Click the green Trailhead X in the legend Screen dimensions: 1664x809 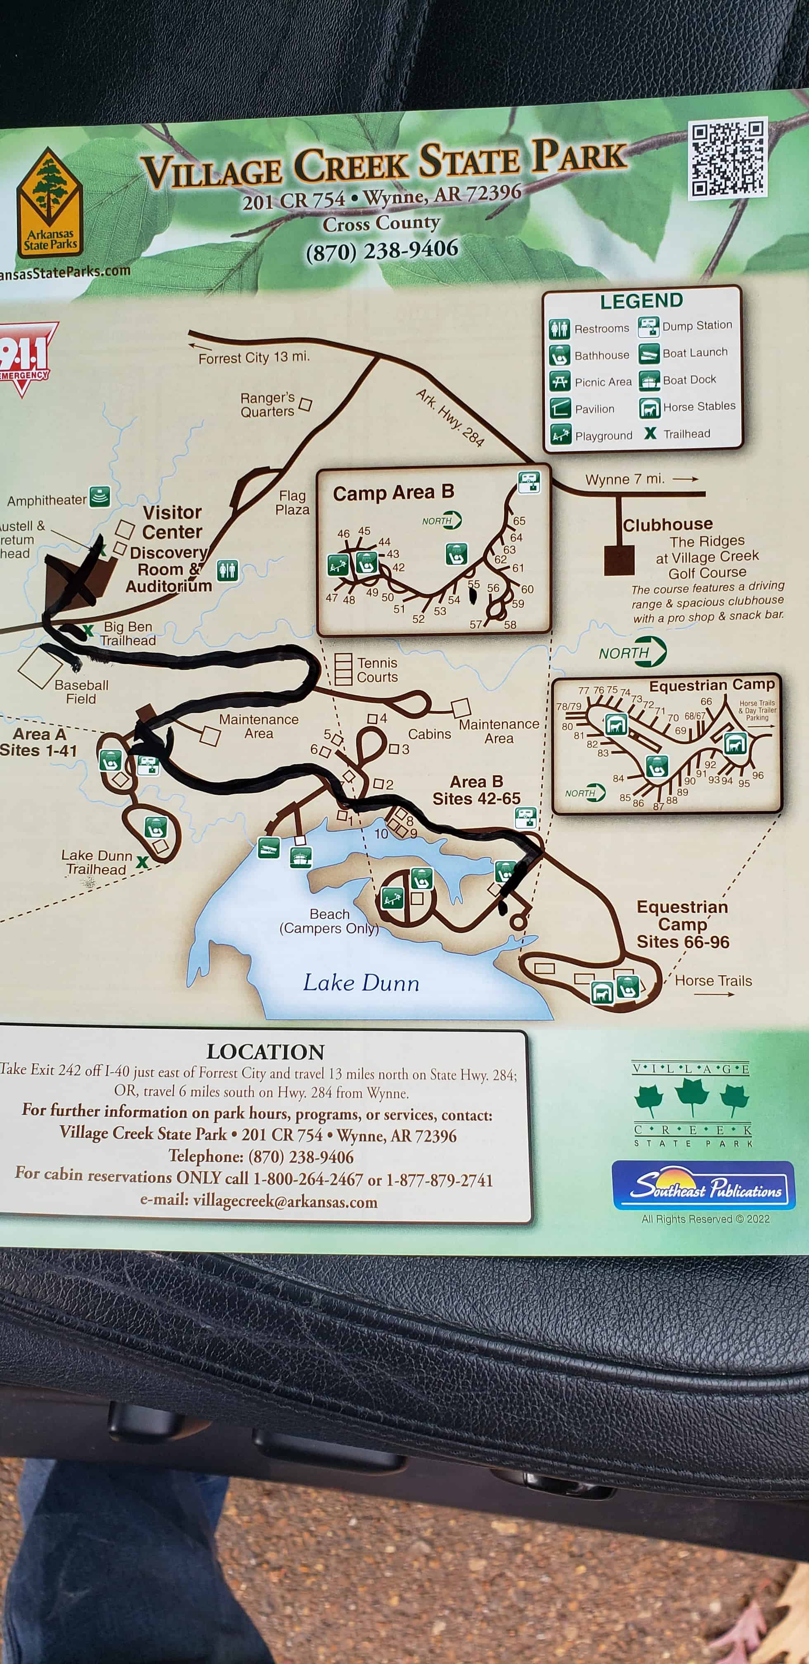point(650,433)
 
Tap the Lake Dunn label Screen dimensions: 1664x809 point(361,983)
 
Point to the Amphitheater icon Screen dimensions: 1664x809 point(99,497)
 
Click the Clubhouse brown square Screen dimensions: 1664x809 point(618,560)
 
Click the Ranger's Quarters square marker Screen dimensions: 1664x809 point(305,405)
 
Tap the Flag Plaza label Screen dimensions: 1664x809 point(292,503)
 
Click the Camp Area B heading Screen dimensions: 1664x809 point(393,493)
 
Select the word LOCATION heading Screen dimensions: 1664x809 point(265,1052)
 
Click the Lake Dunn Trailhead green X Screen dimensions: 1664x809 point(142,862)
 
